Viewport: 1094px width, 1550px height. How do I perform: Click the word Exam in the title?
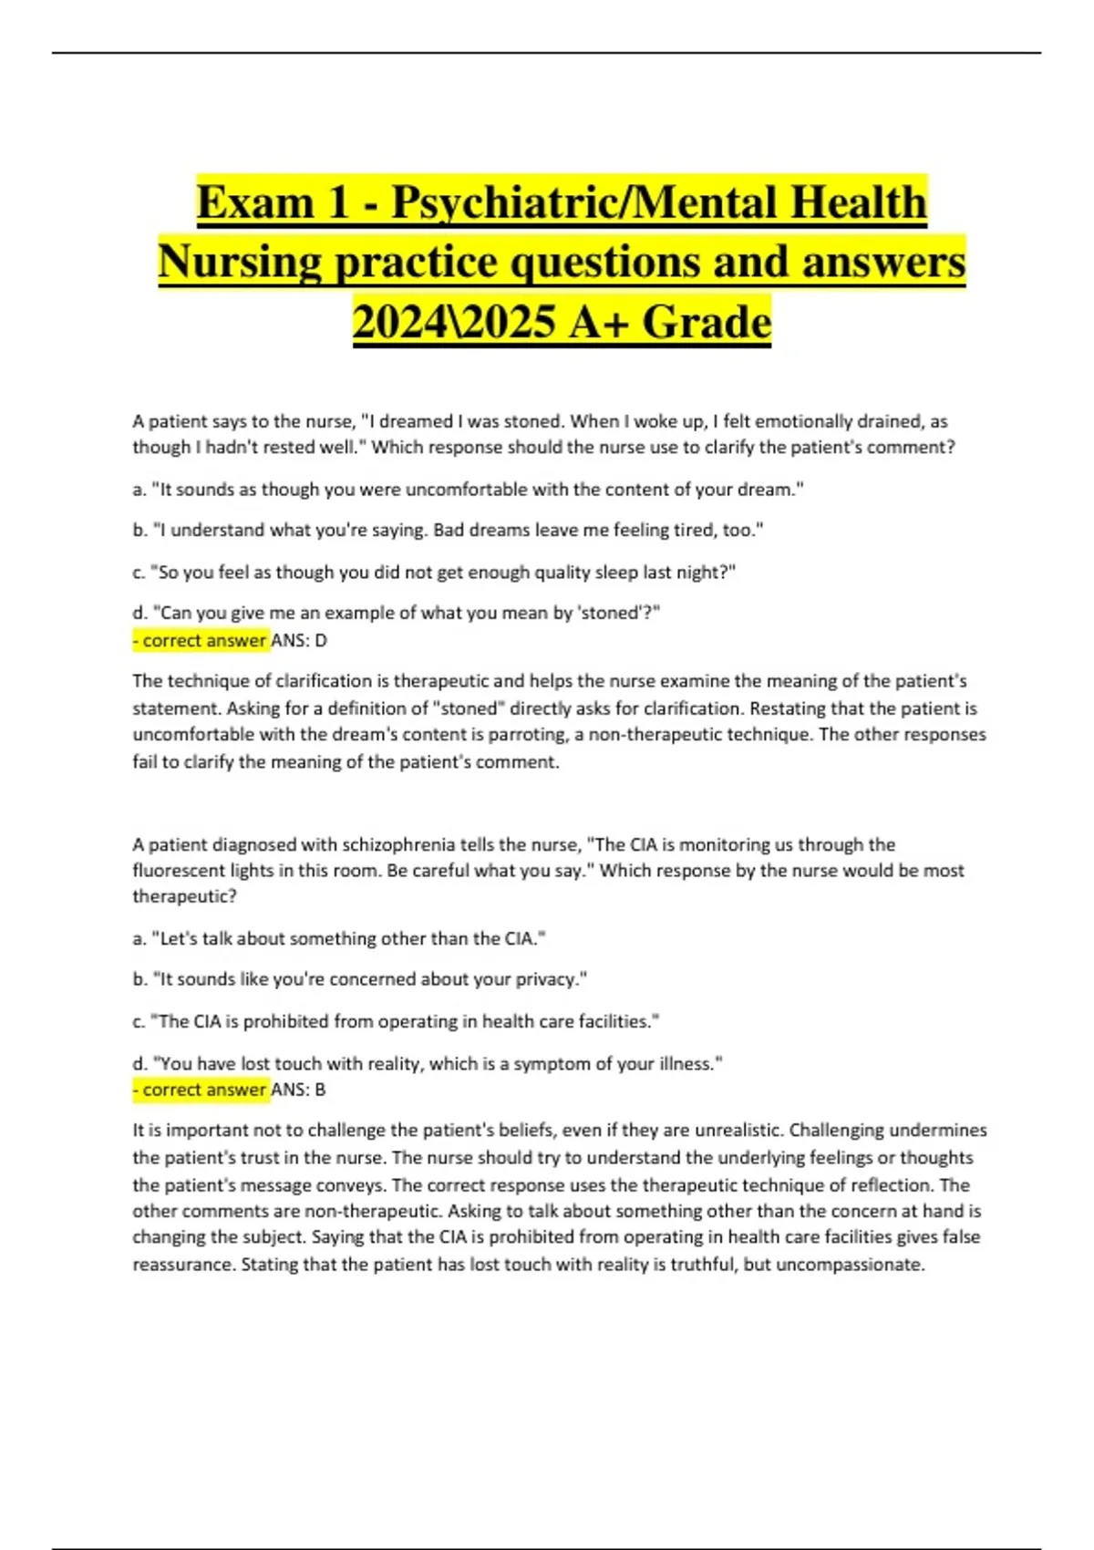[254, 201]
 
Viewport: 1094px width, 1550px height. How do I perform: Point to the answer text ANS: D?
[300, 641]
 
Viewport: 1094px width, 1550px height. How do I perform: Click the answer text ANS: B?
[299, 1090]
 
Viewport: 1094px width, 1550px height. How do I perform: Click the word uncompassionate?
[850, 1265]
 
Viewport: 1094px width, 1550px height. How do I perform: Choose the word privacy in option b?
[546, 979]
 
